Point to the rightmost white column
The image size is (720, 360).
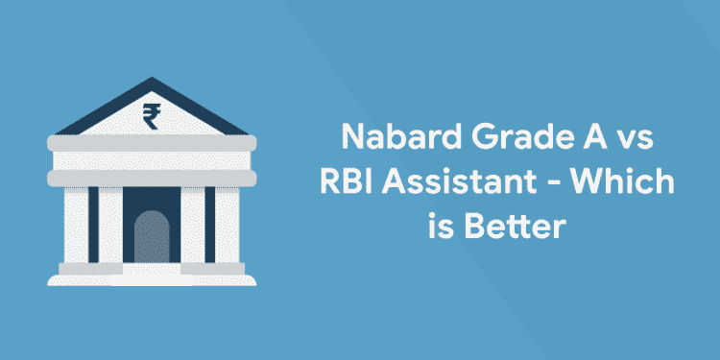(226, 225)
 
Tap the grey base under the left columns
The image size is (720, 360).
(90, 269)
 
